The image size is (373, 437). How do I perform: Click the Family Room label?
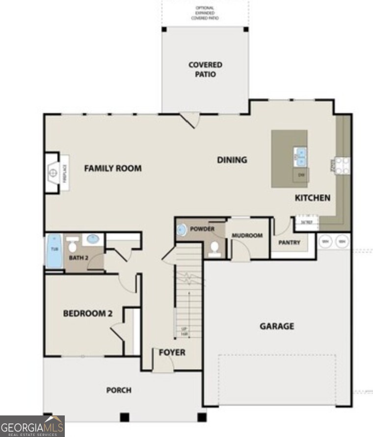(x=112, y=169)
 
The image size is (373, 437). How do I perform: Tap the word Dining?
(x=232, y=160)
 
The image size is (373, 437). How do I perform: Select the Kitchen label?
(x=312, y=198)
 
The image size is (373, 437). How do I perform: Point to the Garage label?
(x=277, y=326)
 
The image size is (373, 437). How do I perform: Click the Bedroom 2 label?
(x=84, y=314)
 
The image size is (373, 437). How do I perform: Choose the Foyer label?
(x=172, y=352)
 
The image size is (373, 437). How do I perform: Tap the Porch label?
(x=119, y=390)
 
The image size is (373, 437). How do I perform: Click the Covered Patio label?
(x=205, y=70)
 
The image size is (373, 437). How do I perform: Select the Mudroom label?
(x=247, y=235)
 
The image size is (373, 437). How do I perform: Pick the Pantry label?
(x=289, y=243)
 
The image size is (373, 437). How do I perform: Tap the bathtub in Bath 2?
(x=53, y=251)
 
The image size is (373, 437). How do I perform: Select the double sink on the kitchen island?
(x=300, y=157)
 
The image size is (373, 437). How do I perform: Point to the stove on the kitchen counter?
(x=343, y=165)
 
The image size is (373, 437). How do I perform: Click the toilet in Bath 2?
(x=73, y=246)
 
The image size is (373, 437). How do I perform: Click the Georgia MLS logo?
(x=32, y=426)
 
